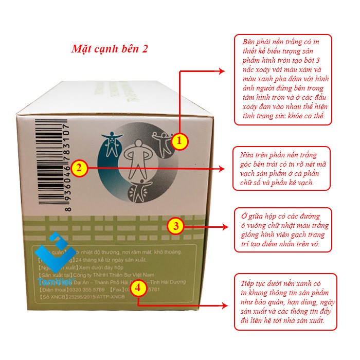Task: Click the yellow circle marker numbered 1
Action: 178,141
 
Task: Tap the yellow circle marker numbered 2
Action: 78,168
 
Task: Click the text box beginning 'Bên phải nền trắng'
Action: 283,80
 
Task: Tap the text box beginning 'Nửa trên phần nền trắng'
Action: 283,168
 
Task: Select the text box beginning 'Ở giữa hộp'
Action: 283,229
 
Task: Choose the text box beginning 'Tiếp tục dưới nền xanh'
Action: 283,302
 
